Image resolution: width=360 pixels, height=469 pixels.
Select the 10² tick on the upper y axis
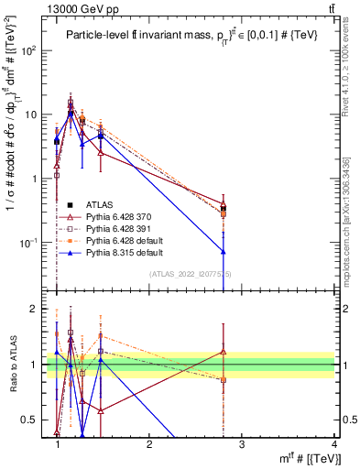(33, 50)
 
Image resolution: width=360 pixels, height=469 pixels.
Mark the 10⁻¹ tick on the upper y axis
(33, 243)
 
